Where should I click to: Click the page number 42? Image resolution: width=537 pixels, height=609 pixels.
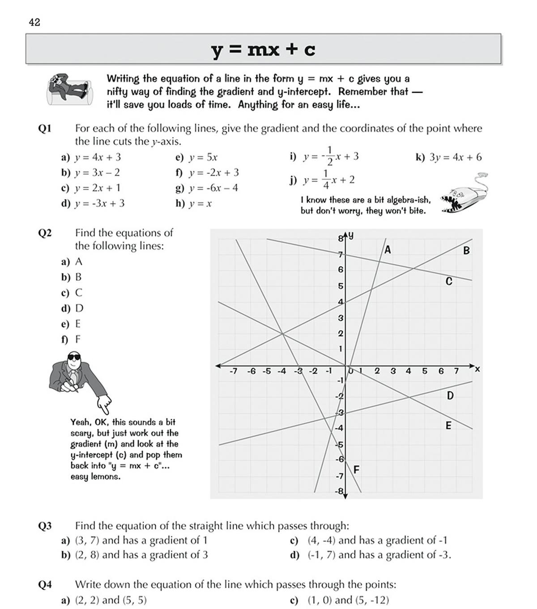click(x=34, y=22)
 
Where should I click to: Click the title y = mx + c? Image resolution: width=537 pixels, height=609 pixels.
click(x=263, y=49)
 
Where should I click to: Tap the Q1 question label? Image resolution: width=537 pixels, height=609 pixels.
click(x=45, y=129)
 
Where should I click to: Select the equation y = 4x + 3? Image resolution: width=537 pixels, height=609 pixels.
click(x=98, y=157)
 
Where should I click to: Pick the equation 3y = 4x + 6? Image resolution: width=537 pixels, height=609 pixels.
click(x=455, y=157)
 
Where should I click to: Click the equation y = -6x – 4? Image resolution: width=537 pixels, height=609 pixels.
click(x=213, y=188)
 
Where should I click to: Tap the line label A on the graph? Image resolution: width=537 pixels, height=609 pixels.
click(x=388, y=250)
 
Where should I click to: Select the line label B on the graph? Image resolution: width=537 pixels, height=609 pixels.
click(x=466, y=251)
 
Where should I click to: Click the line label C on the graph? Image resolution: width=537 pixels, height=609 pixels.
click(x=449, y=281)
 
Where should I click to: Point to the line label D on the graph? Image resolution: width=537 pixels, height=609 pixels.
click(x=450, y=396)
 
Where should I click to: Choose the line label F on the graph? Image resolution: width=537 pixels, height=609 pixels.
click(x=357, y=470)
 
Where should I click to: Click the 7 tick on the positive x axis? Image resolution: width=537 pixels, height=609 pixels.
click(x=456, y=371)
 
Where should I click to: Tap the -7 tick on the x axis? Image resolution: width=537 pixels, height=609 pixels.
click(x=233, y=371)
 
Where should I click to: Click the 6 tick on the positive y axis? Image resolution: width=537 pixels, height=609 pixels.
click(x=341, y=269)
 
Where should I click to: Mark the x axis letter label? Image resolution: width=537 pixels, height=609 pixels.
click(x=477, y=369)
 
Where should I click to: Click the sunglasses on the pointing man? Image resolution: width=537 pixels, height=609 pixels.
click(x=73, y=358)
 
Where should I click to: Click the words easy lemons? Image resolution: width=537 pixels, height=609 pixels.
click(x=95, y=477)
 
